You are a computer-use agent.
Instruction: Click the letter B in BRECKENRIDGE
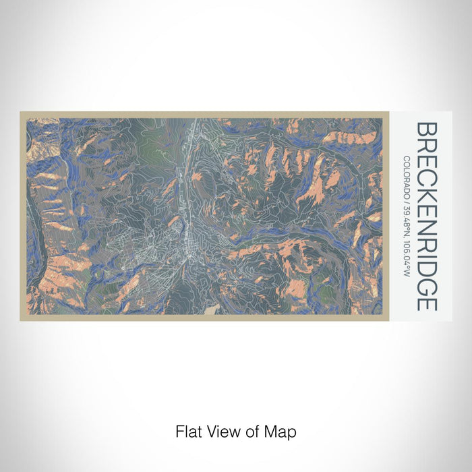tap(427, 129)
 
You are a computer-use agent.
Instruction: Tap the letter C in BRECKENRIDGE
tap(427, 177)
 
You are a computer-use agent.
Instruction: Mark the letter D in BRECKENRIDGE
tap(427, 264)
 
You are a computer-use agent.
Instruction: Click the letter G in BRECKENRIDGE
tap(427, 283)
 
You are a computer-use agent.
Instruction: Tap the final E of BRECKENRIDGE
tap(427, 301)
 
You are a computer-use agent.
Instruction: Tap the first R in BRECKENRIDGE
tap(427, 145)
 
